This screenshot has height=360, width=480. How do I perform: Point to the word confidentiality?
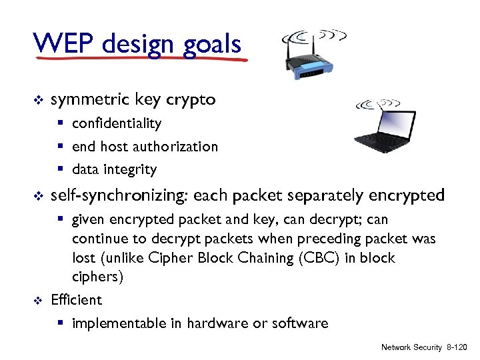coord(117,123)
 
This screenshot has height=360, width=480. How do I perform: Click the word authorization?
coord(177,147)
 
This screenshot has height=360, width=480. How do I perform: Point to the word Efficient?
coord(76,300)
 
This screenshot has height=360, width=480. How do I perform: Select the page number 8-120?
coord(457,348)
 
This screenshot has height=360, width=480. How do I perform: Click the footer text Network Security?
coord(411,348)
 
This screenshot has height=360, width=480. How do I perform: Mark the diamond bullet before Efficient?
coord(38,301)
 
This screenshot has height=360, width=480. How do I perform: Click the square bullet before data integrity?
coord(61,170)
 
